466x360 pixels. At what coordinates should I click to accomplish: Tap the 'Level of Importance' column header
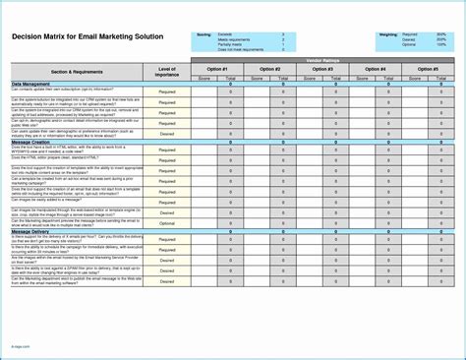point(167,72)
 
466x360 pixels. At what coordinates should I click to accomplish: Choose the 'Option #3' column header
point(322,69)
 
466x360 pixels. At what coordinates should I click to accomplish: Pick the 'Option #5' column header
point(428,69)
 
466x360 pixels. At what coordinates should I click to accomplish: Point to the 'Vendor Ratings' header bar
point(322,61)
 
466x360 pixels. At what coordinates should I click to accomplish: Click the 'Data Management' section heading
point(31,85)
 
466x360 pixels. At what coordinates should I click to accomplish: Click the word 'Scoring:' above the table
point(204,33)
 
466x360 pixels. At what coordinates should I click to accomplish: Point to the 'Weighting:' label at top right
point(387,33)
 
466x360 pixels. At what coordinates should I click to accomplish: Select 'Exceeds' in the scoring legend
point(226,33)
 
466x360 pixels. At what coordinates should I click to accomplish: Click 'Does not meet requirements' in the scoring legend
point(240,48)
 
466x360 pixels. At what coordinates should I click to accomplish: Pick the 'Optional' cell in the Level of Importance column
point(167,222)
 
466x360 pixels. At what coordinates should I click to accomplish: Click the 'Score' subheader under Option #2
point(256,78)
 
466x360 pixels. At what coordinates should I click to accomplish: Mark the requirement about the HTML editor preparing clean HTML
point(69,159)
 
